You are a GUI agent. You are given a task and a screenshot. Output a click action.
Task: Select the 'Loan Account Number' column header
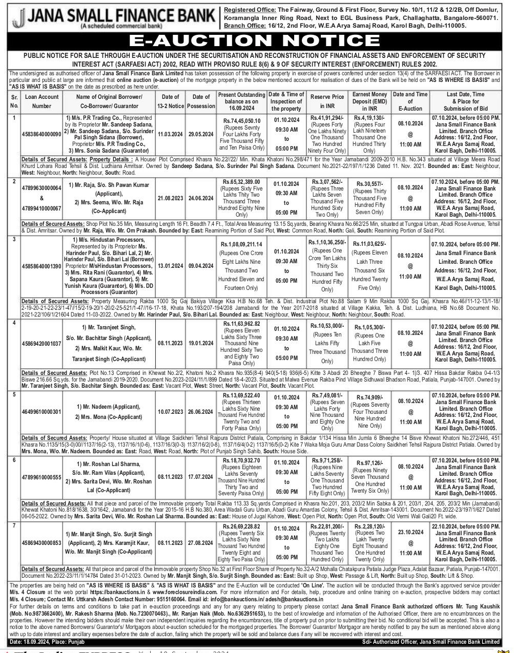point(42,101)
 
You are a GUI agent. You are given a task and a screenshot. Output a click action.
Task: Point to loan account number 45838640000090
point(42,134)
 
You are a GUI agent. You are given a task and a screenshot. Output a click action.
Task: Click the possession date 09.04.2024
point(201,266)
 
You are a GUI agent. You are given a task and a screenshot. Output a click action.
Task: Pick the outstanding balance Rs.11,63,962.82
point(241,324)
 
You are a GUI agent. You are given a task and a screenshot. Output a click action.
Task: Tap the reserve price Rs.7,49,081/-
point(327,395)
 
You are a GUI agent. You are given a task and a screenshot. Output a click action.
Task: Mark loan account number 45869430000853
point(42,542)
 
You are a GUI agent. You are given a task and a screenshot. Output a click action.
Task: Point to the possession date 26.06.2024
point(201,411)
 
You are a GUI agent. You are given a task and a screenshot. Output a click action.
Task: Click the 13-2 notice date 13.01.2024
point(171,266)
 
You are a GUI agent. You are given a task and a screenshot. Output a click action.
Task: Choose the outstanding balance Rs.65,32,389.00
point(241,182)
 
